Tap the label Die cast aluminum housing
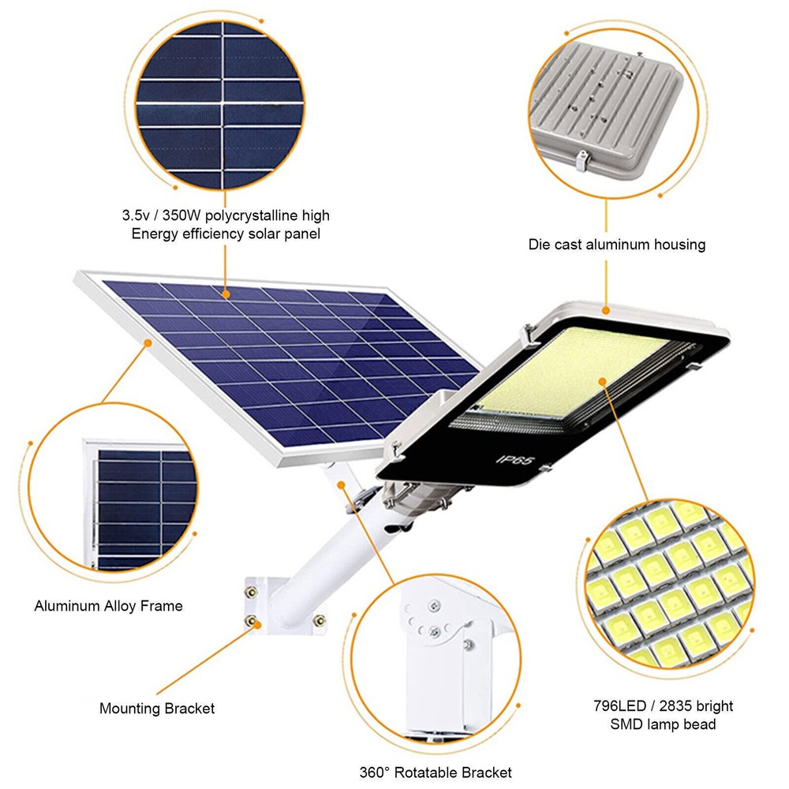pyautogui.click(x=616, y=245)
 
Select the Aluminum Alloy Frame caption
pyautogui.click(x=108, y=606)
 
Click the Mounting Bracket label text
pyautogui.click(x=157, y=709)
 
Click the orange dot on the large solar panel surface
pyautogui.click(x=226, y=294)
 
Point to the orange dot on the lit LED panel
pyautogui.click(x=602, y=381)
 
